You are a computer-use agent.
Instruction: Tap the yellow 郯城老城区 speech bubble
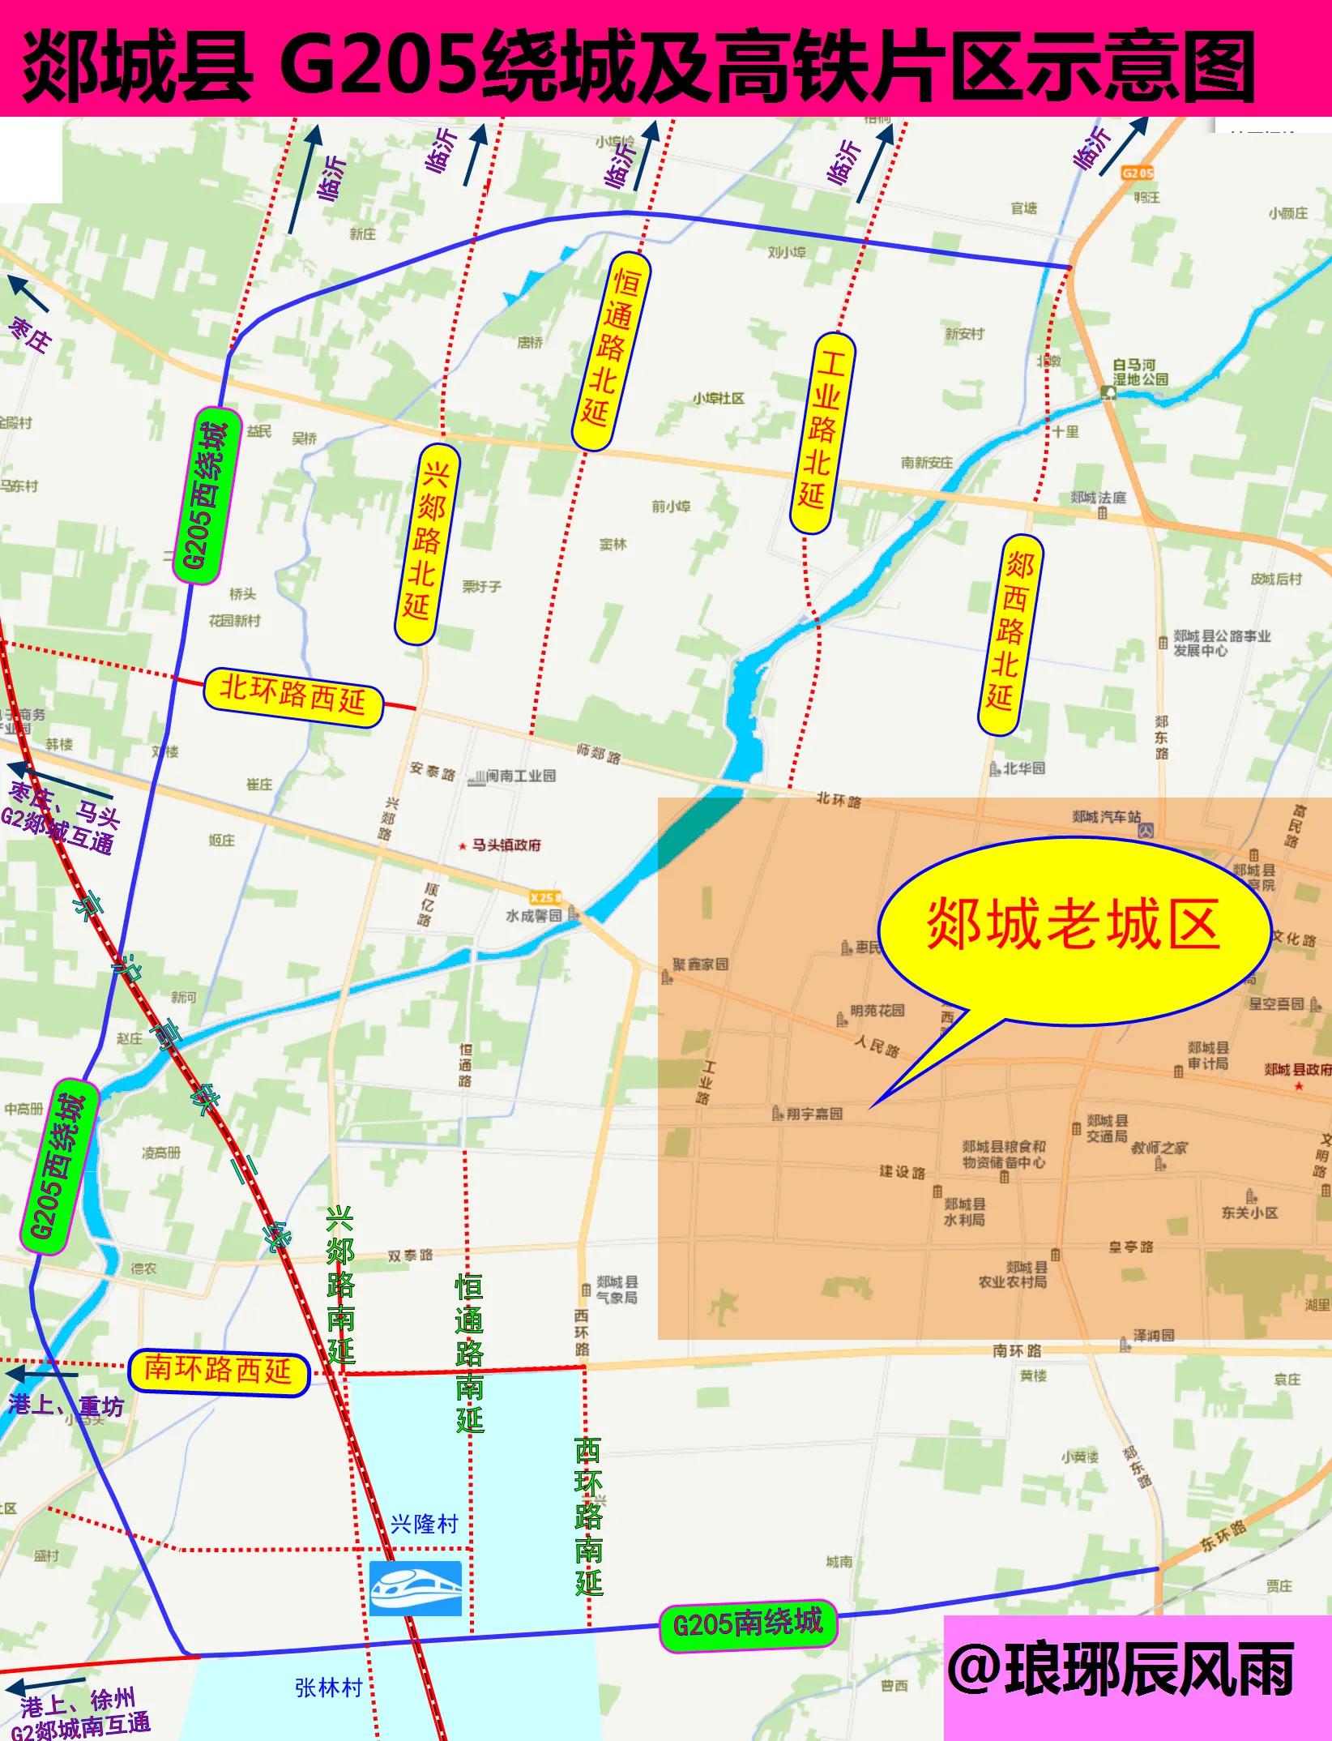1074,926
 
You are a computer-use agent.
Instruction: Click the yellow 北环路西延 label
292,698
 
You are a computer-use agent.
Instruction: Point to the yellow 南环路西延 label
219,1371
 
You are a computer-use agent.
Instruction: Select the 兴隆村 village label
424,1524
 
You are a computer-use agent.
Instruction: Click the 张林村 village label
328,1688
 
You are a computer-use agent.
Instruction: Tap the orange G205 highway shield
1138,173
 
